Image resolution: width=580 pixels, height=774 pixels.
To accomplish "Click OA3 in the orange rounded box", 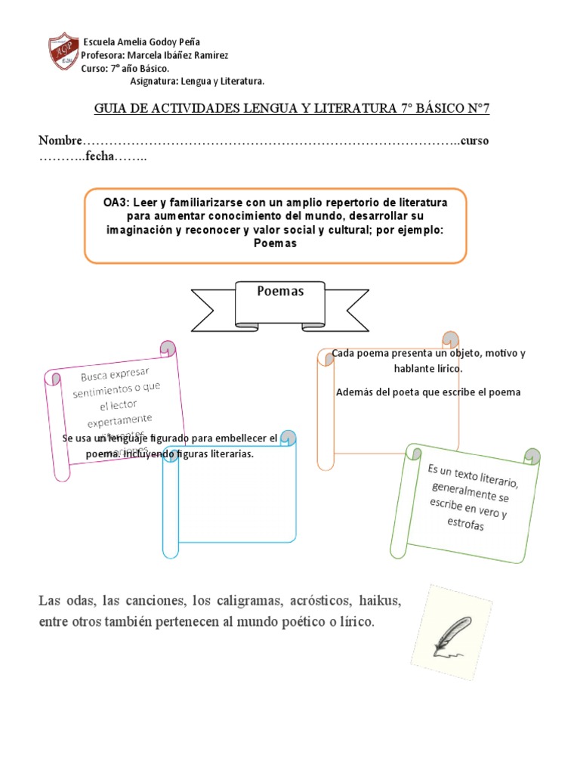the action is tap(116, 203).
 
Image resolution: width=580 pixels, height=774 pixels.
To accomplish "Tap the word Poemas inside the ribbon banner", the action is tap(280, 291).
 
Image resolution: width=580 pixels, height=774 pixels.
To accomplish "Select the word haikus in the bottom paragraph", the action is tap(379, 602).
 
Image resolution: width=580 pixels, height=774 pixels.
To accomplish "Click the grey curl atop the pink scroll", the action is tap(168, 347).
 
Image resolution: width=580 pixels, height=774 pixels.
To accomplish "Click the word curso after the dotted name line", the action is tap(477, 141).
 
